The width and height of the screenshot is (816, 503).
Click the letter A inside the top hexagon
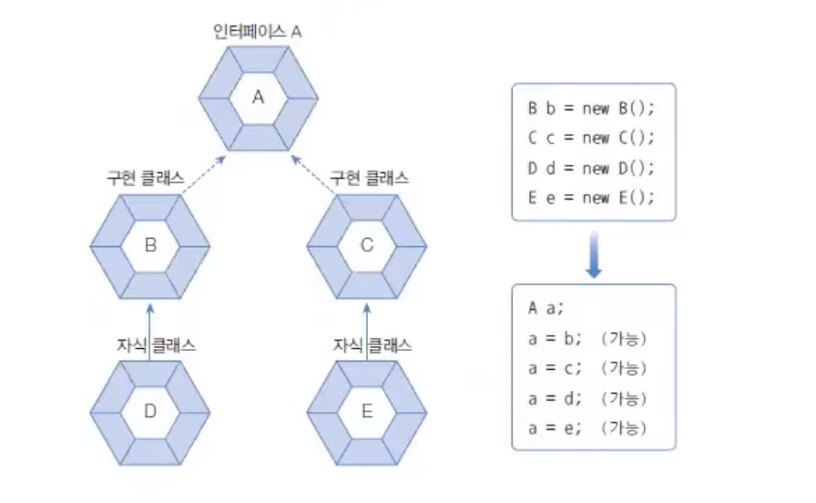pyautogui.click(x=258, y=97)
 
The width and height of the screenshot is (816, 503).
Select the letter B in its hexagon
pyautogui.click(x=150, y=244)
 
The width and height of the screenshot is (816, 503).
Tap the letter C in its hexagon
pyautogui.click(x=367, y=244)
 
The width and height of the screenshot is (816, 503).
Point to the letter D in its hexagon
pyautogui.click(x=150, y=411)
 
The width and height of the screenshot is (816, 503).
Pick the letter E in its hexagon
pyautogui.click(x=367, y=411)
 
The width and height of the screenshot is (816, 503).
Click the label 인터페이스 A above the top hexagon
pyautogui.click(x=258, y=31)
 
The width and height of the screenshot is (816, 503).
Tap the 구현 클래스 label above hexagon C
pyautogui.click(x=369, y=176)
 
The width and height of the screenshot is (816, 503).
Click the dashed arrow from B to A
pyautogui.click(x=203, y=173)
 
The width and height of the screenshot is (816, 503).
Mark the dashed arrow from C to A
pyautogui.click(x=312, y=173)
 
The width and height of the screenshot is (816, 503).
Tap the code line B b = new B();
pyautogui.click(x=591, y=108)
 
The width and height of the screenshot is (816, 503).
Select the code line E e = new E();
pyautogui.click(x=591, y=198)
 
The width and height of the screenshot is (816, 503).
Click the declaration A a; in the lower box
pyautogui.click(x=539, y=307)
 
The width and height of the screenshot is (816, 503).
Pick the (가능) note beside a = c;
pyautogui.click(x=624, y=367)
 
